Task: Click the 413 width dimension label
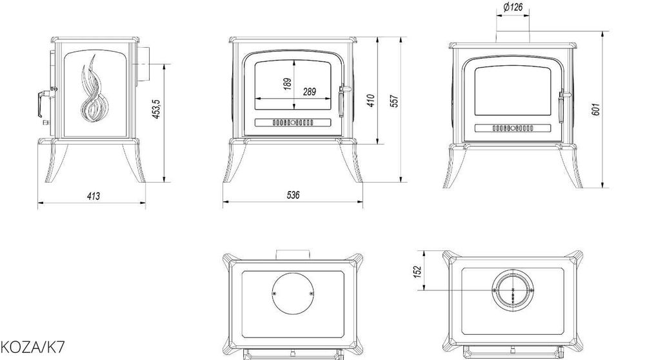tap(94, 196)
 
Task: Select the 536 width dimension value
tap(293, 195)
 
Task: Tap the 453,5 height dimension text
tap(157, 109)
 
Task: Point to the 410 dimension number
tap(371, 101)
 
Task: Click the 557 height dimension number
tap(394, 101)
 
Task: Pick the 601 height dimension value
tap(596, 109)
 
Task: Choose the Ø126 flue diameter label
tap(513, 7)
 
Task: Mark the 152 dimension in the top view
tap(417, 272)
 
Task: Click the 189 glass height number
tap(288, 84)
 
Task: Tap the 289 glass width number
tap(310, 92)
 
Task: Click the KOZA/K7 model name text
tap(32, 348)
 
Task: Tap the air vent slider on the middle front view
tap(293, 123)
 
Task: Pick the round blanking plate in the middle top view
tap(293, 294)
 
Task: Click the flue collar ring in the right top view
tap(513, 291)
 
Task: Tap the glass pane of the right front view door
tap(513, 91)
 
